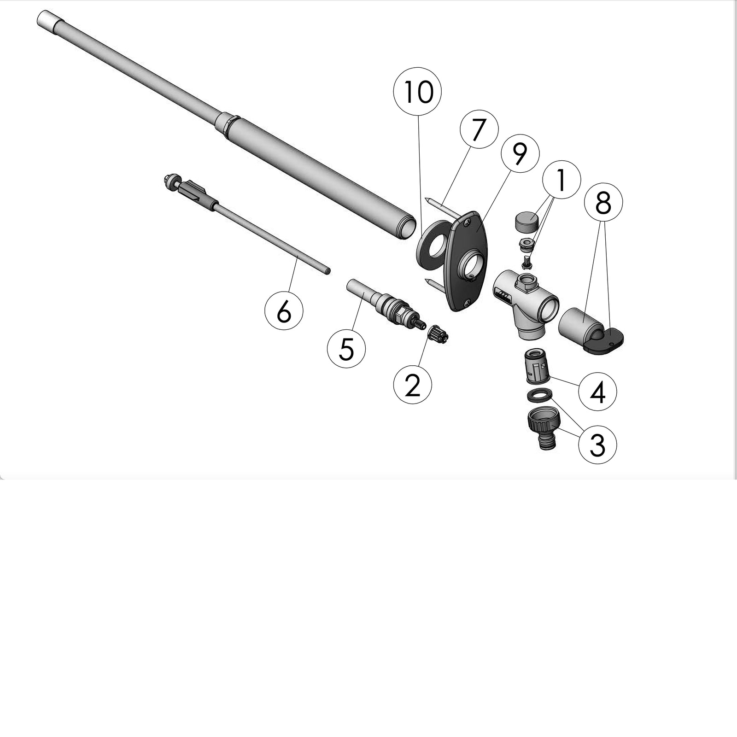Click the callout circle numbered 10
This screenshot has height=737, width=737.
(418, 92)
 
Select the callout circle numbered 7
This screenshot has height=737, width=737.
(479, 129)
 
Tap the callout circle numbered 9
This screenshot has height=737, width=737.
(519, 154)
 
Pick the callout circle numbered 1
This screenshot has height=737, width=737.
(561, 180)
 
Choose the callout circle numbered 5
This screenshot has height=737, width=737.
(346, 349)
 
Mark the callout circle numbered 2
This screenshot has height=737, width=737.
(412, 384)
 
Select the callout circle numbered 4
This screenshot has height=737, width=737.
(597, 392)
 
